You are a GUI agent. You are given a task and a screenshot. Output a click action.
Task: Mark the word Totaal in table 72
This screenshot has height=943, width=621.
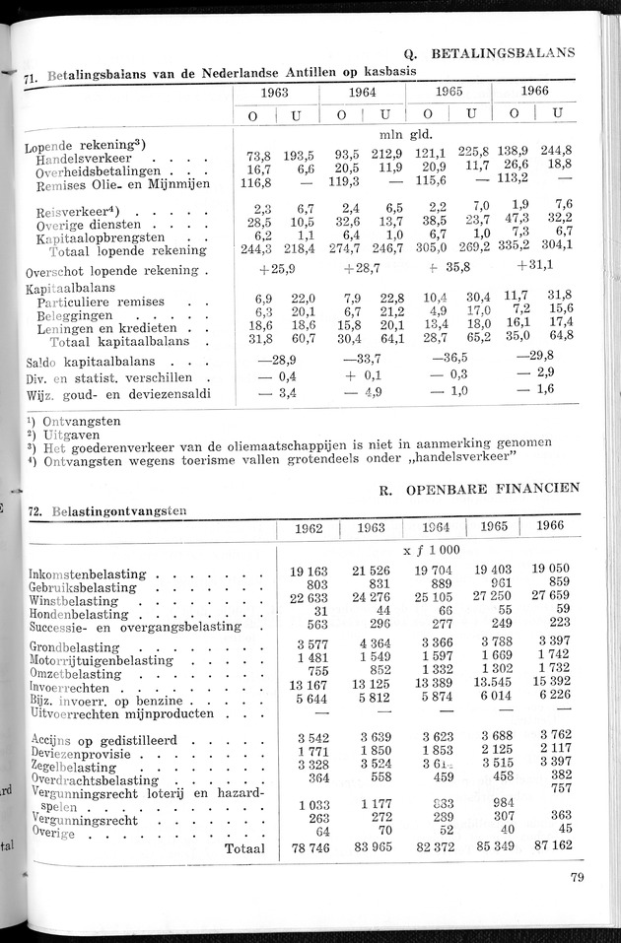click(244, 848)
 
